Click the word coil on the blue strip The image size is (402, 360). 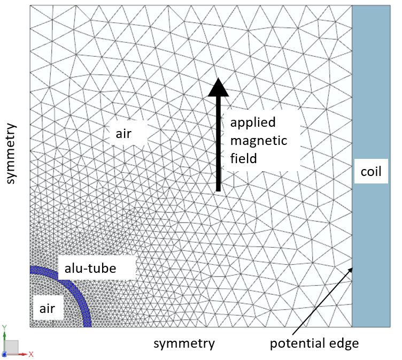pos(370,173)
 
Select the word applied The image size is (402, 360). pos(253,122)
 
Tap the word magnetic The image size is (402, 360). pos(259,141)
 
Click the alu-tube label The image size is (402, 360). pos(90,268)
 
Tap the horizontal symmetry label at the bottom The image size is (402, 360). pos(184,343)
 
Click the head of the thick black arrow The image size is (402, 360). pos(218,88)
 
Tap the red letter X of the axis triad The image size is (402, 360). pos(32,354)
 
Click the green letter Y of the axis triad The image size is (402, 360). pos(4,327)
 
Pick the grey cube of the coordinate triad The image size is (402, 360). pos(12,347)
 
